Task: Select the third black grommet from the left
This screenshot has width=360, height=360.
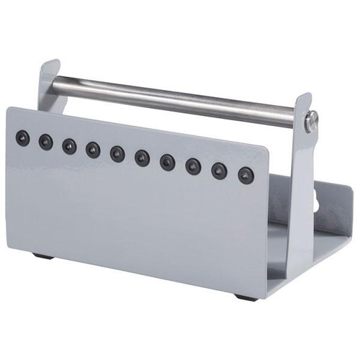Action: pos(69,145)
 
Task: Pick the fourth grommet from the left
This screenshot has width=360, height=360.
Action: pos(93,149)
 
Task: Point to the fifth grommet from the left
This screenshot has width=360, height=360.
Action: pos(117,153)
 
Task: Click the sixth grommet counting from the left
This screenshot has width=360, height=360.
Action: pos(142,158)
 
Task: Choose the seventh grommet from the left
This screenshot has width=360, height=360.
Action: pos(167,161)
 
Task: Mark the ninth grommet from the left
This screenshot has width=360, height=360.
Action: pos(219,170)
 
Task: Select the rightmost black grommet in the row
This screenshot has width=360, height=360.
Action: pos(246,174)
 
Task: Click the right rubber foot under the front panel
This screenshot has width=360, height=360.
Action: pos(245,296)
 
